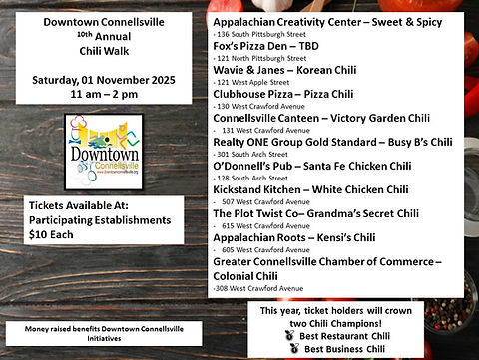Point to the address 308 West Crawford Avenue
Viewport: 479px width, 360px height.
(261, 288)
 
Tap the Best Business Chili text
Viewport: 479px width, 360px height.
(357, 348)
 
